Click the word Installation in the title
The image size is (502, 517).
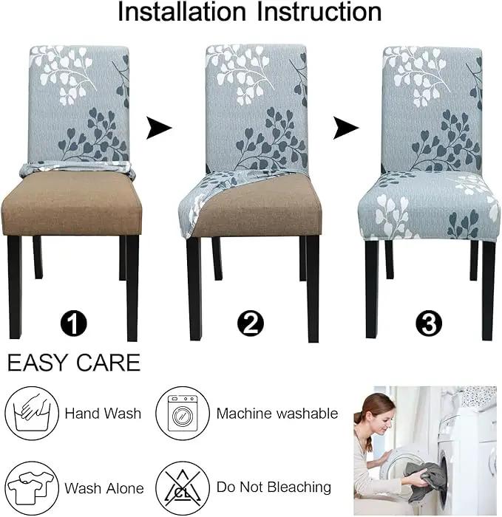182,12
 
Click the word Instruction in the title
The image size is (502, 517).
319,12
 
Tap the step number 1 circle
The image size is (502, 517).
74,323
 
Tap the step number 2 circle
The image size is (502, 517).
251,323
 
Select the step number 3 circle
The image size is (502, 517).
429,323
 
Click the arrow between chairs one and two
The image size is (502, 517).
159,128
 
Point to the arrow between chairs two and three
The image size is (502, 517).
345,128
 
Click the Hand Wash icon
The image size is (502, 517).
32,413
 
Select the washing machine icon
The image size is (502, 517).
183,413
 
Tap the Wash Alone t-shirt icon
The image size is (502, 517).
32,488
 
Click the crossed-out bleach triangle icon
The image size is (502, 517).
183,488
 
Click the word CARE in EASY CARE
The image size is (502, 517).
109,363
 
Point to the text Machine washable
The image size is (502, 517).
277,414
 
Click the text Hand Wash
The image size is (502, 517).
103,414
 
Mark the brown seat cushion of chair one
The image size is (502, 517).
72,205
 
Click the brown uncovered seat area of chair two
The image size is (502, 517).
261,208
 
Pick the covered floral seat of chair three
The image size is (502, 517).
429,206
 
